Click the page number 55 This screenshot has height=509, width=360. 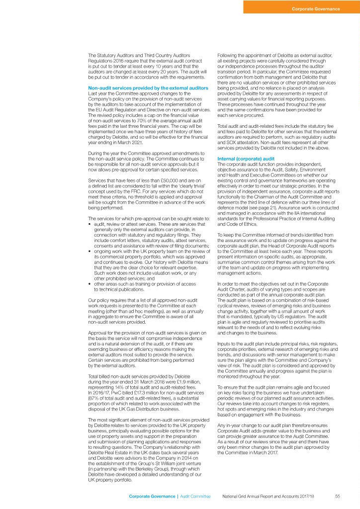337,496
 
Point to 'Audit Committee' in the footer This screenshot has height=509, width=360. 195,496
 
